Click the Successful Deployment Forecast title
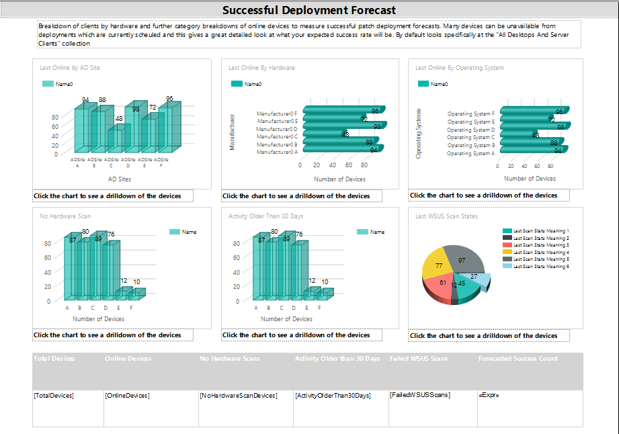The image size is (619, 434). coord(308,10)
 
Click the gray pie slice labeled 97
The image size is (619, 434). coord(464,258)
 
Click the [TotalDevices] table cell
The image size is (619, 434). coord(54,396)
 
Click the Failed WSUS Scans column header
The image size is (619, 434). coord(419,359)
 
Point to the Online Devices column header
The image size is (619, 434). coord(128,359)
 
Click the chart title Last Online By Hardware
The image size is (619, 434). coord(261,68)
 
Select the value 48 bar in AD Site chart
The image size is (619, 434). coord(116,138)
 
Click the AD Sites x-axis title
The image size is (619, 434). coord(120,179)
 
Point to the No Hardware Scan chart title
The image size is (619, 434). coord(65,216)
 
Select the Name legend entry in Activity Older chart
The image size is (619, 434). coord(376,232)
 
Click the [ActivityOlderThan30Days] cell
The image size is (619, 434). coord(333,396)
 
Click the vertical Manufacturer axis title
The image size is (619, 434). coord(233,132)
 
